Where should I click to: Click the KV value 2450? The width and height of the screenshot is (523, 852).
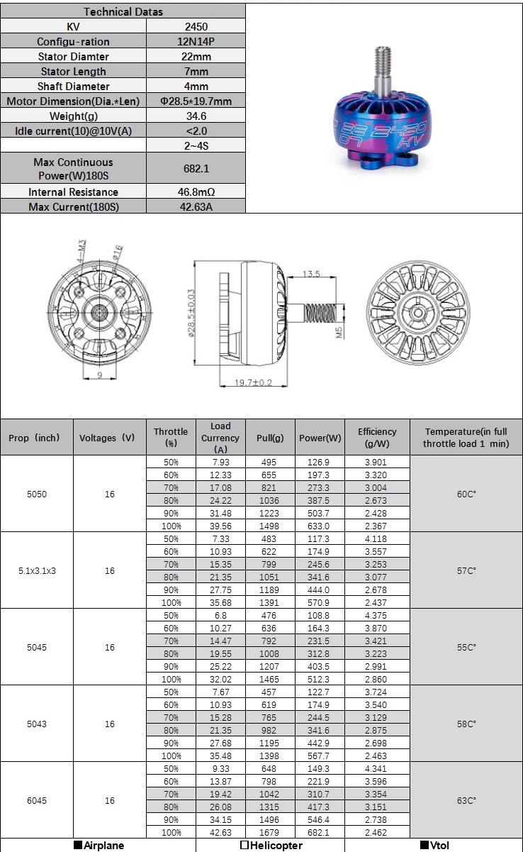196,26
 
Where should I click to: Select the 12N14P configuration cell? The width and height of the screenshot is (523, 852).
196,41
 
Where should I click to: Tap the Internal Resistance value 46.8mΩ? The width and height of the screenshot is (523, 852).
196,192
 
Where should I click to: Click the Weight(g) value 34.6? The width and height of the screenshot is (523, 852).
196,116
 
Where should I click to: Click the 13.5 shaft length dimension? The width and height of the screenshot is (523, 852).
312,274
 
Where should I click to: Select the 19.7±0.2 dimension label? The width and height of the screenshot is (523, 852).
253,382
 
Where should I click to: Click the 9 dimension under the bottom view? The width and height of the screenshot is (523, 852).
99,376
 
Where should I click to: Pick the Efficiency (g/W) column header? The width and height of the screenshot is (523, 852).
376,437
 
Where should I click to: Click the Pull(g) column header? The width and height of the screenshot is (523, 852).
270,438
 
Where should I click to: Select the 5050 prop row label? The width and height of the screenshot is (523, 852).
37,494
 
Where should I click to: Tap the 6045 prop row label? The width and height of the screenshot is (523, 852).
37,800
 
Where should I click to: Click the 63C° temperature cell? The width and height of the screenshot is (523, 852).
466,800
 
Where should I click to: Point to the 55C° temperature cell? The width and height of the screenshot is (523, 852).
466,647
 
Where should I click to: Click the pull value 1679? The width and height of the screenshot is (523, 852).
270,832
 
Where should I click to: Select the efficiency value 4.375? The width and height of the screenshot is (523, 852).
376,615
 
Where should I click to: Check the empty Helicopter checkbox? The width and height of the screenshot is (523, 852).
244,845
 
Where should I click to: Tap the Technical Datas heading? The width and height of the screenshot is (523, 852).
123,11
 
